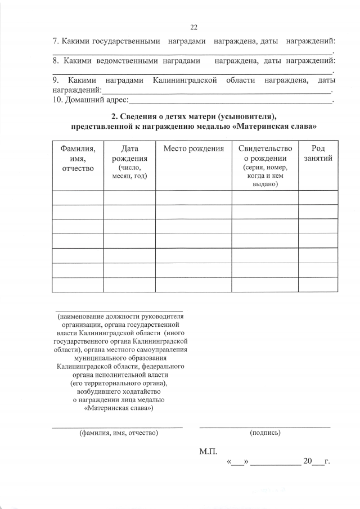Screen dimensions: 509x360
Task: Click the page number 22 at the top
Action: pyautogui.click(x=195, y=27)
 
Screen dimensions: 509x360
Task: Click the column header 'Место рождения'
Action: pyautogui.click(x=193, y=148)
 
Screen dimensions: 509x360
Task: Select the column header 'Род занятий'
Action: pyautogui.click(x=318, y=153)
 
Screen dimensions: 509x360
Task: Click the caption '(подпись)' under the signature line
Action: pyautogui.click(x=265, y=433)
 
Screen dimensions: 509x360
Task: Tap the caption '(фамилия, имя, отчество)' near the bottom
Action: pyautogui.click(x=119, y=433)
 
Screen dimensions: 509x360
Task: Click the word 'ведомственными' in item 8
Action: pyautogui.click(x=123, y=60)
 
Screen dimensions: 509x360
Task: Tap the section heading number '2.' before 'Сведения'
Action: pyautogui.click(x=115, y=116)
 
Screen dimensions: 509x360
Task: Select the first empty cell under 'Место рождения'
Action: pyautogui.click(x=193, y=197)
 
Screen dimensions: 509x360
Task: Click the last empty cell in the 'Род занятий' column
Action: pyautogui.click(x=318, y=285)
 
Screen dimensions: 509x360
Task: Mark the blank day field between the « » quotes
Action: pyautogui.click(x=237, y=462)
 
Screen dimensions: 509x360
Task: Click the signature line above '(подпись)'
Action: pyautogui.click(x=265, y=427)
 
